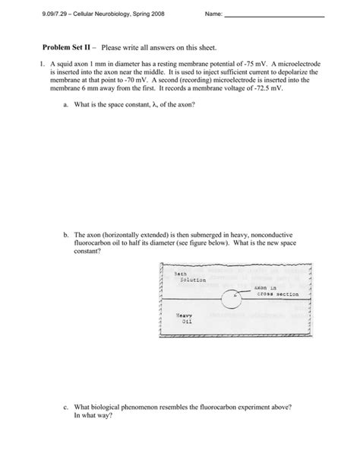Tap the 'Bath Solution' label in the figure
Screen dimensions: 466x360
[187, 277]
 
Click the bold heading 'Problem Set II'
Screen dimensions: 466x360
[52, 47]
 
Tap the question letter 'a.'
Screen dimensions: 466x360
[66, 103]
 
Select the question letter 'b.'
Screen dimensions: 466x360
[66, 236]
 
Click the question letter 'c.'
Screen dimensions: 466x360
[66, 407]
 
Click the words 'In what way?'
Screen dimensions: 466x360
[94, 416]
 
